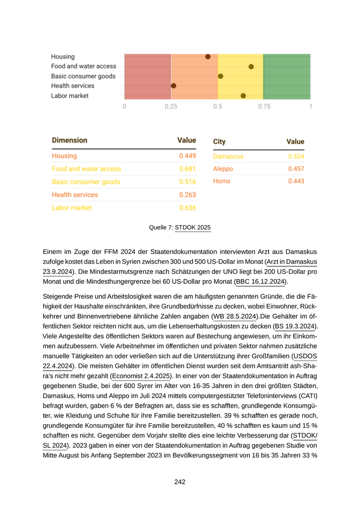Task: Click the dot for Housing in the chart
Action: click(x=208, y=57)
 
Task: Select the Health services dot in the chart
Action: click(x=173, y=86)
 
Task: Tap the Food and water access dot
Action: click(x=251, y=66)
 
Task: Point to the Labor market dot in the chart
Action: click(x=243, y=96)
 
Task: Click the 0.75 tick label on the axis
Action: click(x=264, y=106)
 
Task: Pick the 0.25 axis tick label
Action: click(x=171, y=106)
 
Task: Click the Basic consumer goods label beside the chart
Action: click(x=83, y=76)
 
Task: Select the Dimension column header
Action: click(x=69, y=140)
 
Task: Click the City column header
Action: click(x=219, y=141)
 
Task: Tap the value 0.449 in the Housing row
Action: click(x=187, y=156)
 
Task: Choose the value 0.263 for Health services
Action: click(x=187, y=195)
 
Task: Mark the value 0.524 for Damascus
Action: click(x=296, y=156)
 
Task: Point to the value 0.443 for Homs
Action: click(x=296, y=181)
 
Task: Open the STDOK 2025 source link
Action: click(x=193, y=227)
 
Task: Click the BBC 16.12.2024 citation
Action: click(x=261, y=281)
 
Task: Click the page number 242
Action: click(x=179, y=482)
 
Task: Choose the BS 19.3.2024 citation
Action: click(x=296, y=326)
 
